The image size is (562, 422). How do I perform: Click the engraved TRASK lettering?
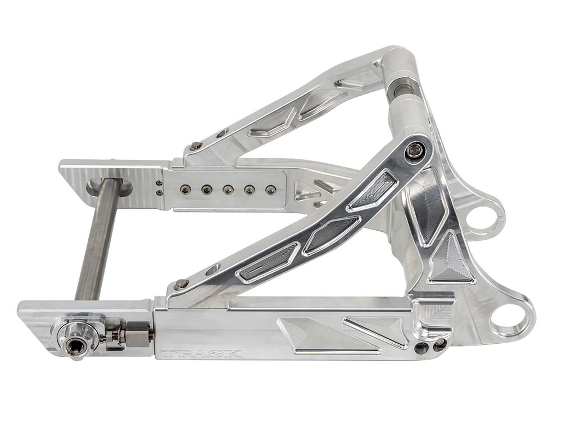pos(201,354)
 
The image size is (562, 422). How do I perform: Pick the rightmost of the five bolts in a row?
pos(270,190)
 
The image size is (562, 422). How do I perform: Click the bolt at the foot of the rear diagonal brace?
pos(196,146)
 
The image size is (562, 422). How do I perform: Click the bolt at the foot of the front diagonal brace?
pos(180,285)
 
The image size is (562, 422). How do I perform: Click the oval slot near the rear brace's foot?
pos(221,133)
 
